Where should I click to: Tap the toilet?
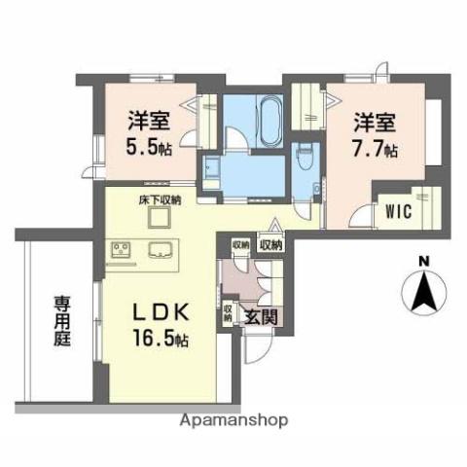click(x=304, y=153)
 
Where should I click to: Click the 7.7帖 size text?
click(x=377, y=149)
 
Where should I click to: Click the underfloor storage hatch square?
click(x=159, y=219)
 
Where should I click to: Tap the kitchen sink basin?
click(x=159, y=251)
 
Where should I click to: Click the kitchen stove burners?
click(x=124, y=251)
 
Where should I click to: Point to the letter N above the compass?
click(x=422, y=261)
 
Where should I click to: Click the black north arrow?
click(x=422, y=291)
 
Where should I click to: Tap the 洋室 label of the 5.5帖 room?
click(x=148, y=124)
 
